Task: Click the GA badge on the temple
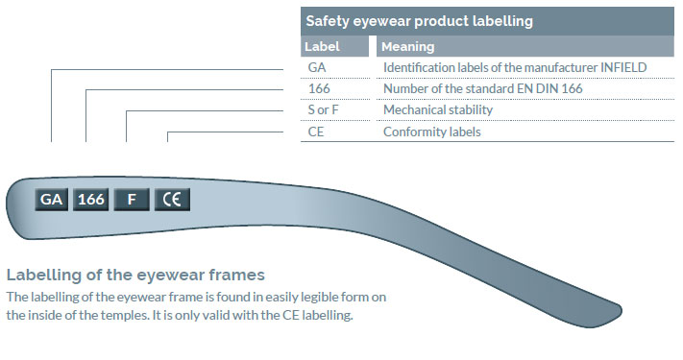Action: coord(52,200)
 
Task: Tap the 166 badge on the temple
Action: coord(91,200)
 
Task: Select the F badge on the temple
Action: coord(131,200)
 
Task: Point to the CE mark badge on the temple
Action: coord(173,200)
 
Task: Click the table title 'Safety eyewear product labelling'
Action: coord(419,20)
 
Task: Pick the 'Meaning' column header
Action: coord(408,46)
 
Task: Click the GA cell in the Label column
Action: coord(317,67)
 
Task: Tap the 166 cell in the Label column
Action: coord(319,88)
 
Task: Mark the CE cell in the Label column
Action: coord(316,132)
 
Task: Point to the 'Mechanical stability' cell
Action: coord(437,109)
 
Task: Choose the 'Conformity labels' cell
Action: coord(431,132)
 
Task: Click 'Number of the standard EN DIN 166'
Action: coord(482,88)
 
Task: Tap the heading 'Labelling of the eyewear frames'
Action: coord(135,275)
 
